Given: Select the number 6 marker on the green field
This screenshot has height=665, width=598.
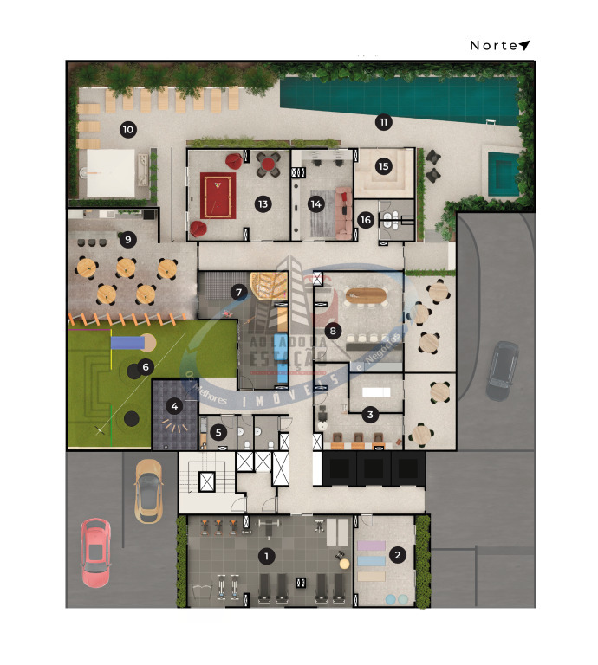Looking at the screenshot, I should click(146, 367).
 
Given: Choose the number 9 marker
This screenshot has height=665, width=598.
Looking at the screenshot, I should click(128, 238).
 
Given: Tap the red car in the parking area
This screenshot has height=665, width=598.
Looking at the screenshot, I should click(95, 552).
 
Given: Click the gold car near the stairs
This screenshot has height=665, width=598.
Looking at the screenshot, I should click(148, 489).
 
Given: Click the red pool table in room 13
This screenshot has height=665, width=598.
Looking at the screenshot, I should click(218, 196).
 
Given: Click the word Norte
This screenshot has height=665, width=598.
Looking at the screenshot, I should click(493, 45).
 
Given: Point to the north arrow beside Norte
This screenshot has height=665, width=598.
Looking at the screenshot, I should click(524, 45).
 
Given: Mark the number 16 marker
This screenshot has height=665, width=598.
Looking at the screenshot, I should click(365, 221).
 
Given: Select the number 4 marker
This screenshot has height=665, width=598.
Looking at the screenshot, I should click(175, 404).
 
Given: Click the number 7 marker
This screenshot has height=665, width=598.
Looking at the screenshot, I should click(237, 292).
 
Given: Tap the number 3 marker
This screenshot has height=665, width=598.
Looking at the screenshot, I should click(370, 415).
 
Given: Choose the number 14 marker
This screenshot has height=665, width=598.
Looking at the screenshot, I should click(315, 204).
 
